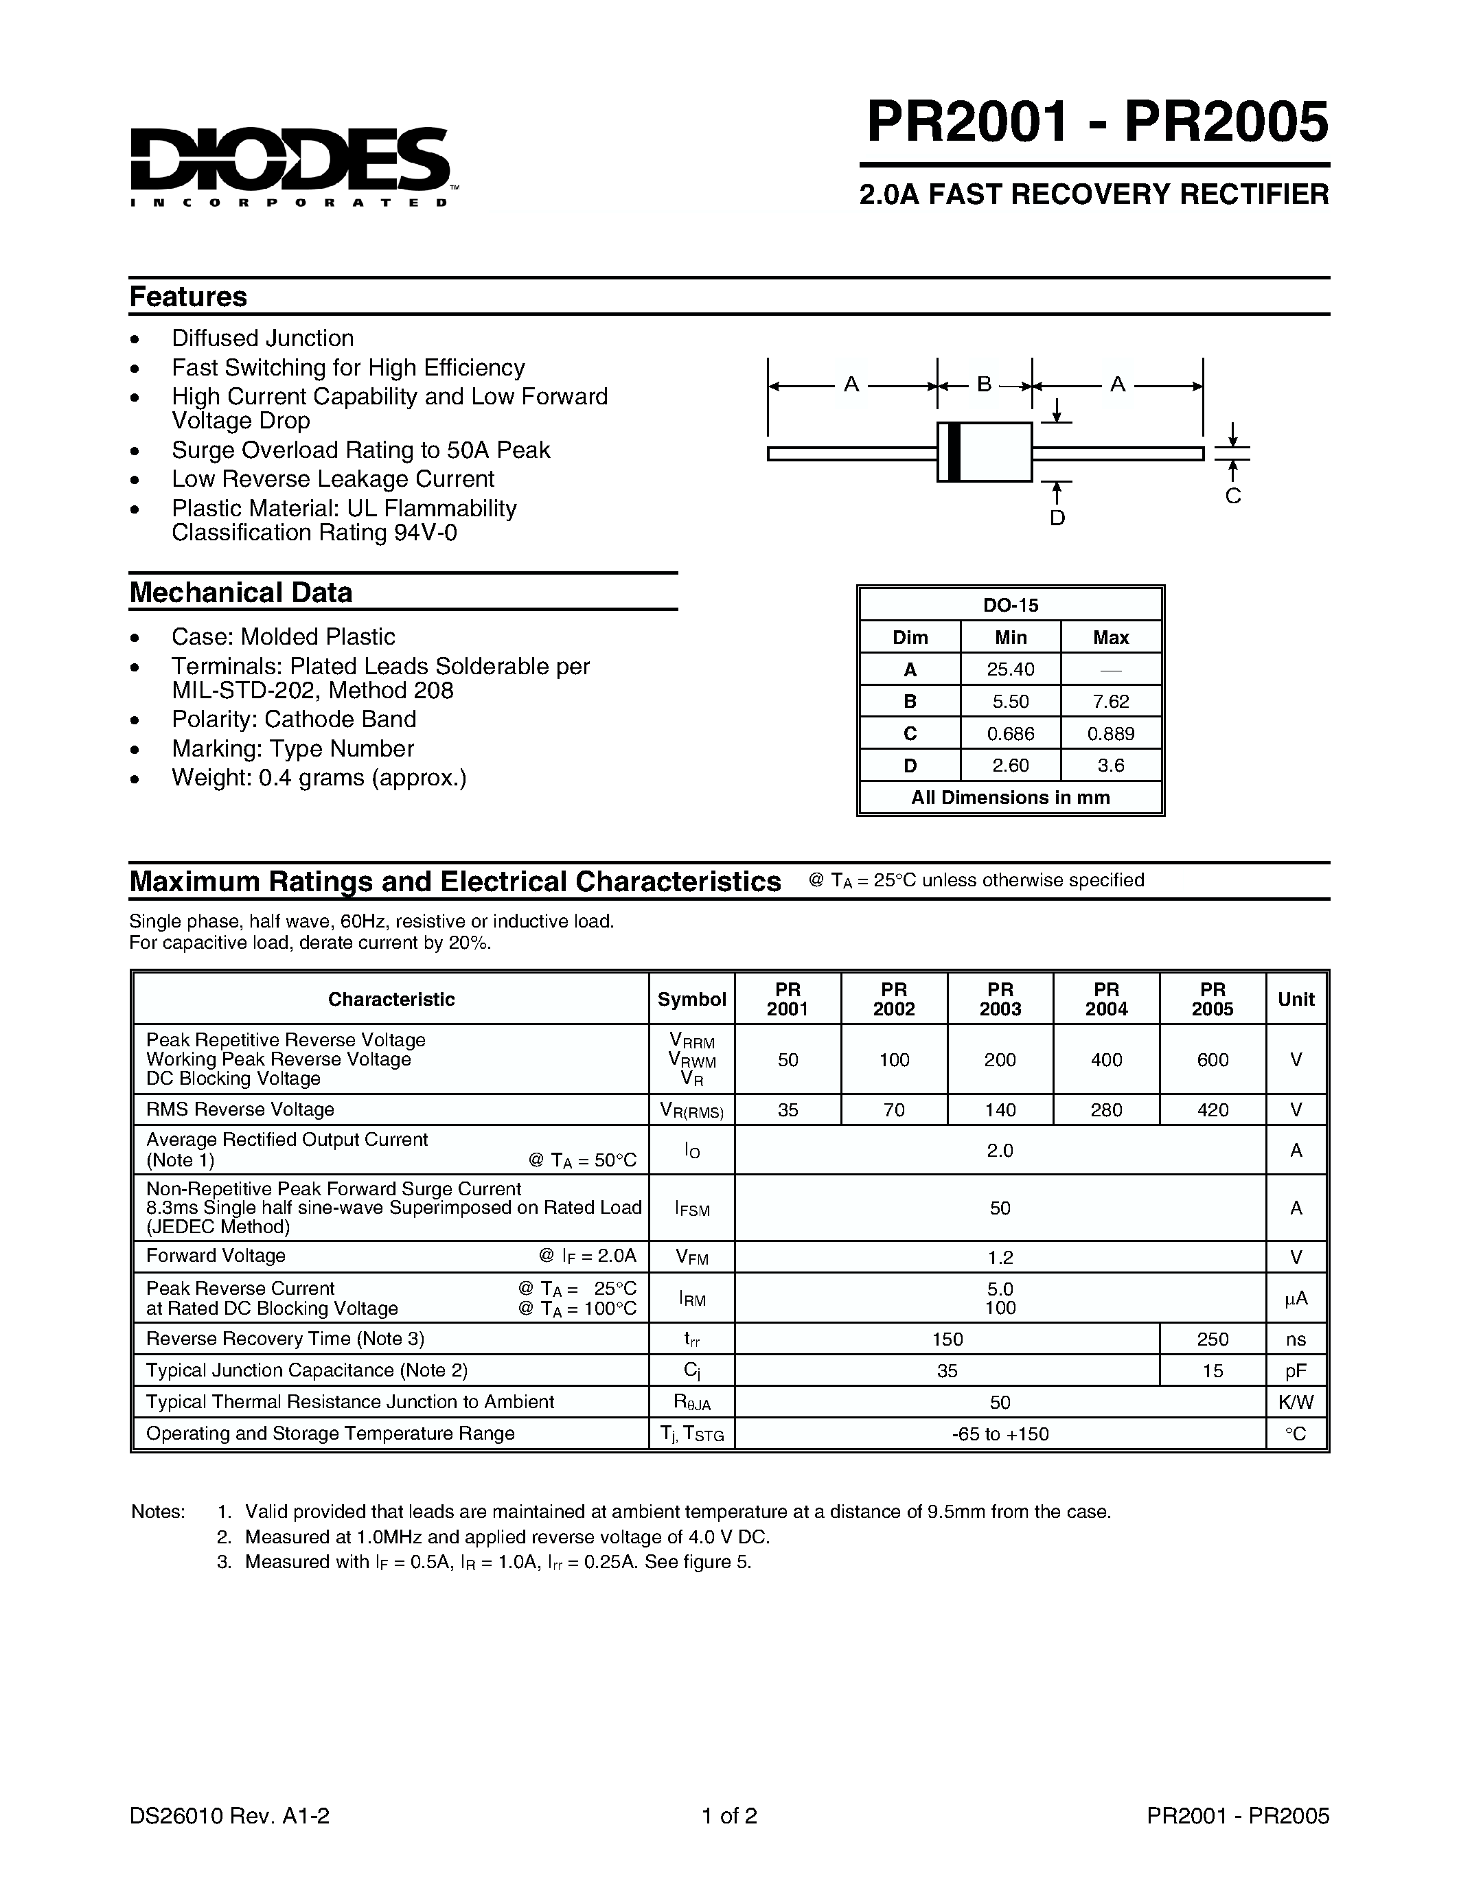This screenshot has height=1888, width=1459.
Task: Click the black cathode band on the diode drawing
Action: pos(954,451)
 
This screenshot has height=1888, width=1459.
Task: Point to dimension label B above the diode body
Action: pos(984,384)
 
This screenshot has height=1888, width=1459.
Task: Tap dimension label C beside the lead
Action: pos(1232,496)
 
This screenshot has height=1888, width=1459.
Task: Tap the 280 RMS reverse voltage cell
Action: pos(1105,1109)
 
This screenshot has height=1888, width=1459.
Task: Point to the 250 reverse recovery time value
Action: pos(1212,1339)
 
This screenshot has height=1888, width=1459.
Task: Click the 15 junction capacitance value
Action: pos(1212,1370)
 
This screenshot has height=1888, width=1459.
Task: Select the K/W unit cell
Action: pos(1295,1402)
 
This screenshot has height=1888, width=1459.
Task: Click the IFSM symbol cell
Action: pos(691,1208)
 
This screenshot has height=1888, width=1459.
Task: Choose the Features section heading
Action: pos(188,297)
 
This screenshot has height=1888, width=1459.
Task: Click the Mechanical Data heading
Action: pos(241,593)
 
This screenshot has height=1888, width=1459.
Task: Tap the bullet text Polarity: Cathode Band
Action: pos(294,719)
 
